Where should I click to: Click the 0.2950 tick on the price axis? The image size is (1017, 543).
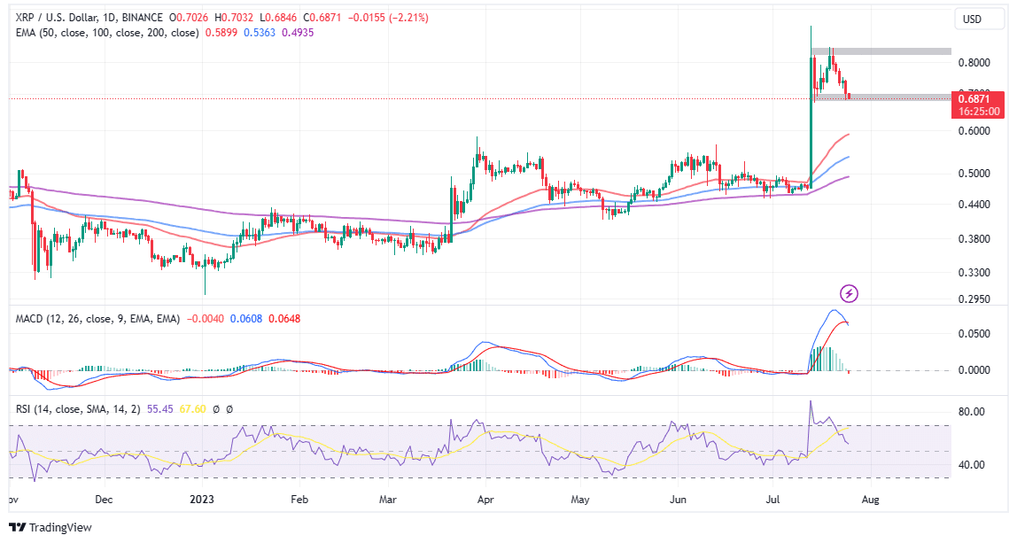click(974, 299)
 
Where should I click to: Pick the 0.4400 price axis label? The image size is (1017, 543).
click(974, 205)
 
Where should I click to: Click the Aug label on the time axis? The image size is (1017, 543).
click(871, 499)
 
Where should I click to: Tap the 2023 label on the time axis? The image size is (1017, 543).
click(206, 499)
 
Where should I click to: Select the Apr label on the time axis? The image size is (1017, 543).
click(485, 499)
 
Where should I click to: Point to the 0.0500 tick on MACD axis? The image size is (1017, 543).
click(974, 334)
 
